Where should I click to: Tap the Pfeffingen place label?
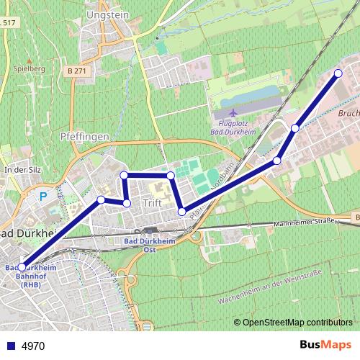point(84,135)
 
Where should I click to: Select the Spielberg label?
point(30,68)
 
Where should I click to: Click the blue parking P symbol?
point(43,195)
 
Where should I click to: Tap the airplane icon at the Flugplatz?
point(233,113)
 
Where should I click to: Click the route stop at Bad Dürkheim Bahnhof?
point(22,266)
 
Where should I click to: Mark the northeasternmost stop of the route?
point(338,73)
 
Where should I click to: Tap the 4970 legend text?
point(33,346)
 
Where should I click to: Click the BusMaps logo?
point(326,346)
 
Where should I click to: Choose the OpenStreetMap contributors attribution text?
point(297,322)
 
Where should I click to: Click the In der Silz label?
point(20,169)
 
